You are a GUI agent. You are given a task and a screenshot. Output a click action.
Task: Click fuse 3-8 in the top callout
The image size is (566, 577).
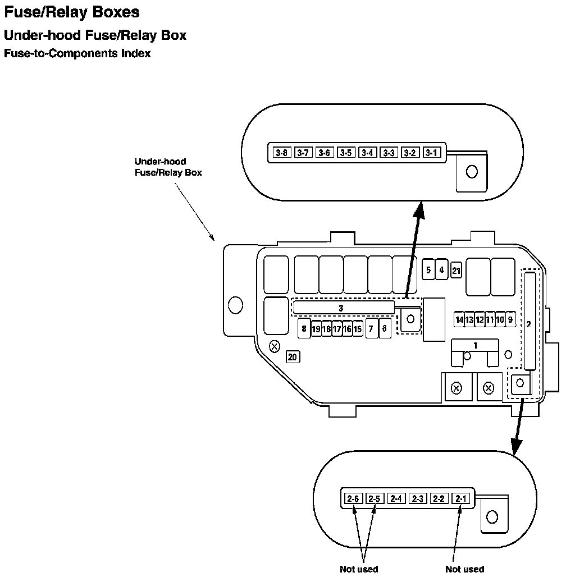282,153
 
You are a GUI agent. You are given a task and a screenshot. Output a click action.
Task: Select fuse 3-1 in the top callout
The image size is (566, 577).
431,153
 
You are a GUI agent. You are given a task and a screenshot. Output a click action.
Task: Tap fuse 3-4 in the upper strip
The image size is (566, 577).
367,153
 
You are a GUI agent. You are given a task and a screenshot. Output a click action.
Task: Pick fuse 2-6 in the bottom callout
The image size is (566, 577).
353,498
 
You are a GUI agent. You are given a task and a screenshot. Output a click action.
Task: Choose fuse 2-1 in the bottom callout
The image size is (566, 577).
461,498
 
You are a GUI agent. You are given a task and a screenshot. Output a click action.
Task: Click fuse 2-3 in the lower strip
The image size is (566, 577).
418,498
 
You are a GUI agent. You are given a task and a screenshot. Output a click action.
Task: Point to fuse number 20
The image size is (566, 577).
293,356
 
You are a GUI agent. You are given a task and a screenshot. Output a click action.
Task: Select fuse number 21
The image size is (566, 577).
456,271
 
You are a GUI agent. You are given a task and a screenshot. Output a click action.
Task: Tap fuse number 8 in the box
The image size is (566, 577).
304,328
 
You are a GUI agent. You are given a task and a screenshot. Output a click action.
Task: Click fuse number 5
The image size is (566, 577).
428,270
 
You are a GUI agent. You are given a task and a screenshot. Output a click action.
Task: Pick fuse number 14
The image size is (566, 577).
460,319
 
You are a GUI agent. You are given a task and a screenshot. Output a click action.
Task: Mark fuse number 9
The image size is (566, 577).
510,319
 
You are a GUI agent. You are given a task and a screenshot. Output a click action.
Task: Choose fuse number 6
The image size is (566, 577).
385,328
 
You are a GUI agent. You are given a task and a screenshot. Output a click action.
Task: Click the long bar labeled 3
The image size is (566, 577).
343,308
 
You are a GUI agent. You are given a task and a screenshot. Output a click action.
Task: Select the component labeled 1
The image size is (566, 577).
476,346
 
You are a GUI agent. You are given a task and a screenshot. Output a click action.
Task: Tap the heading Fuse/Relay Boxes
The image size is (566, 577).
72,12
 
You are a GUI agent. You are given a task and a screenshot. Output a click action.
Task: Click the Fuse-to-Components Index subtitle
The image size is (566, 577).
77,54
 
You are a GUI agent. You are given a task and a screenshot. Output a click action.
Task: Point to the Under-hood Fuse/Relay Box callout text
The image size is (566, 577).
168,167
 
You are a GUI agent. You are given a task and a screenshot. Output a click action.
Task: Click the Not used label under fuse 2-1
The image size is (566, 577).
464,569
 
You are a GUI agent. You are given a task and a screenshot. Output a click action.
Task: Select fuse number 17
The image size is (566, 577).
336,329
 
